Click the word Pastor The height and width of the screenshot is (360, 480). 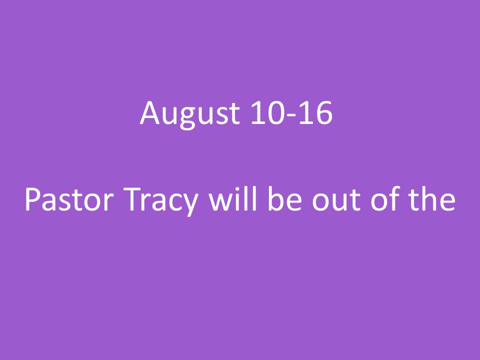pyautogui.click(x=69, y=199)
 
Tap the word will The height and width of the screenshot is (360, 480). pyautogui.click(x=232, y=198)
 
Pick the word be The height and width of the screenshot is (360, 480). pyautogui.click(x=285, y=198)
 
